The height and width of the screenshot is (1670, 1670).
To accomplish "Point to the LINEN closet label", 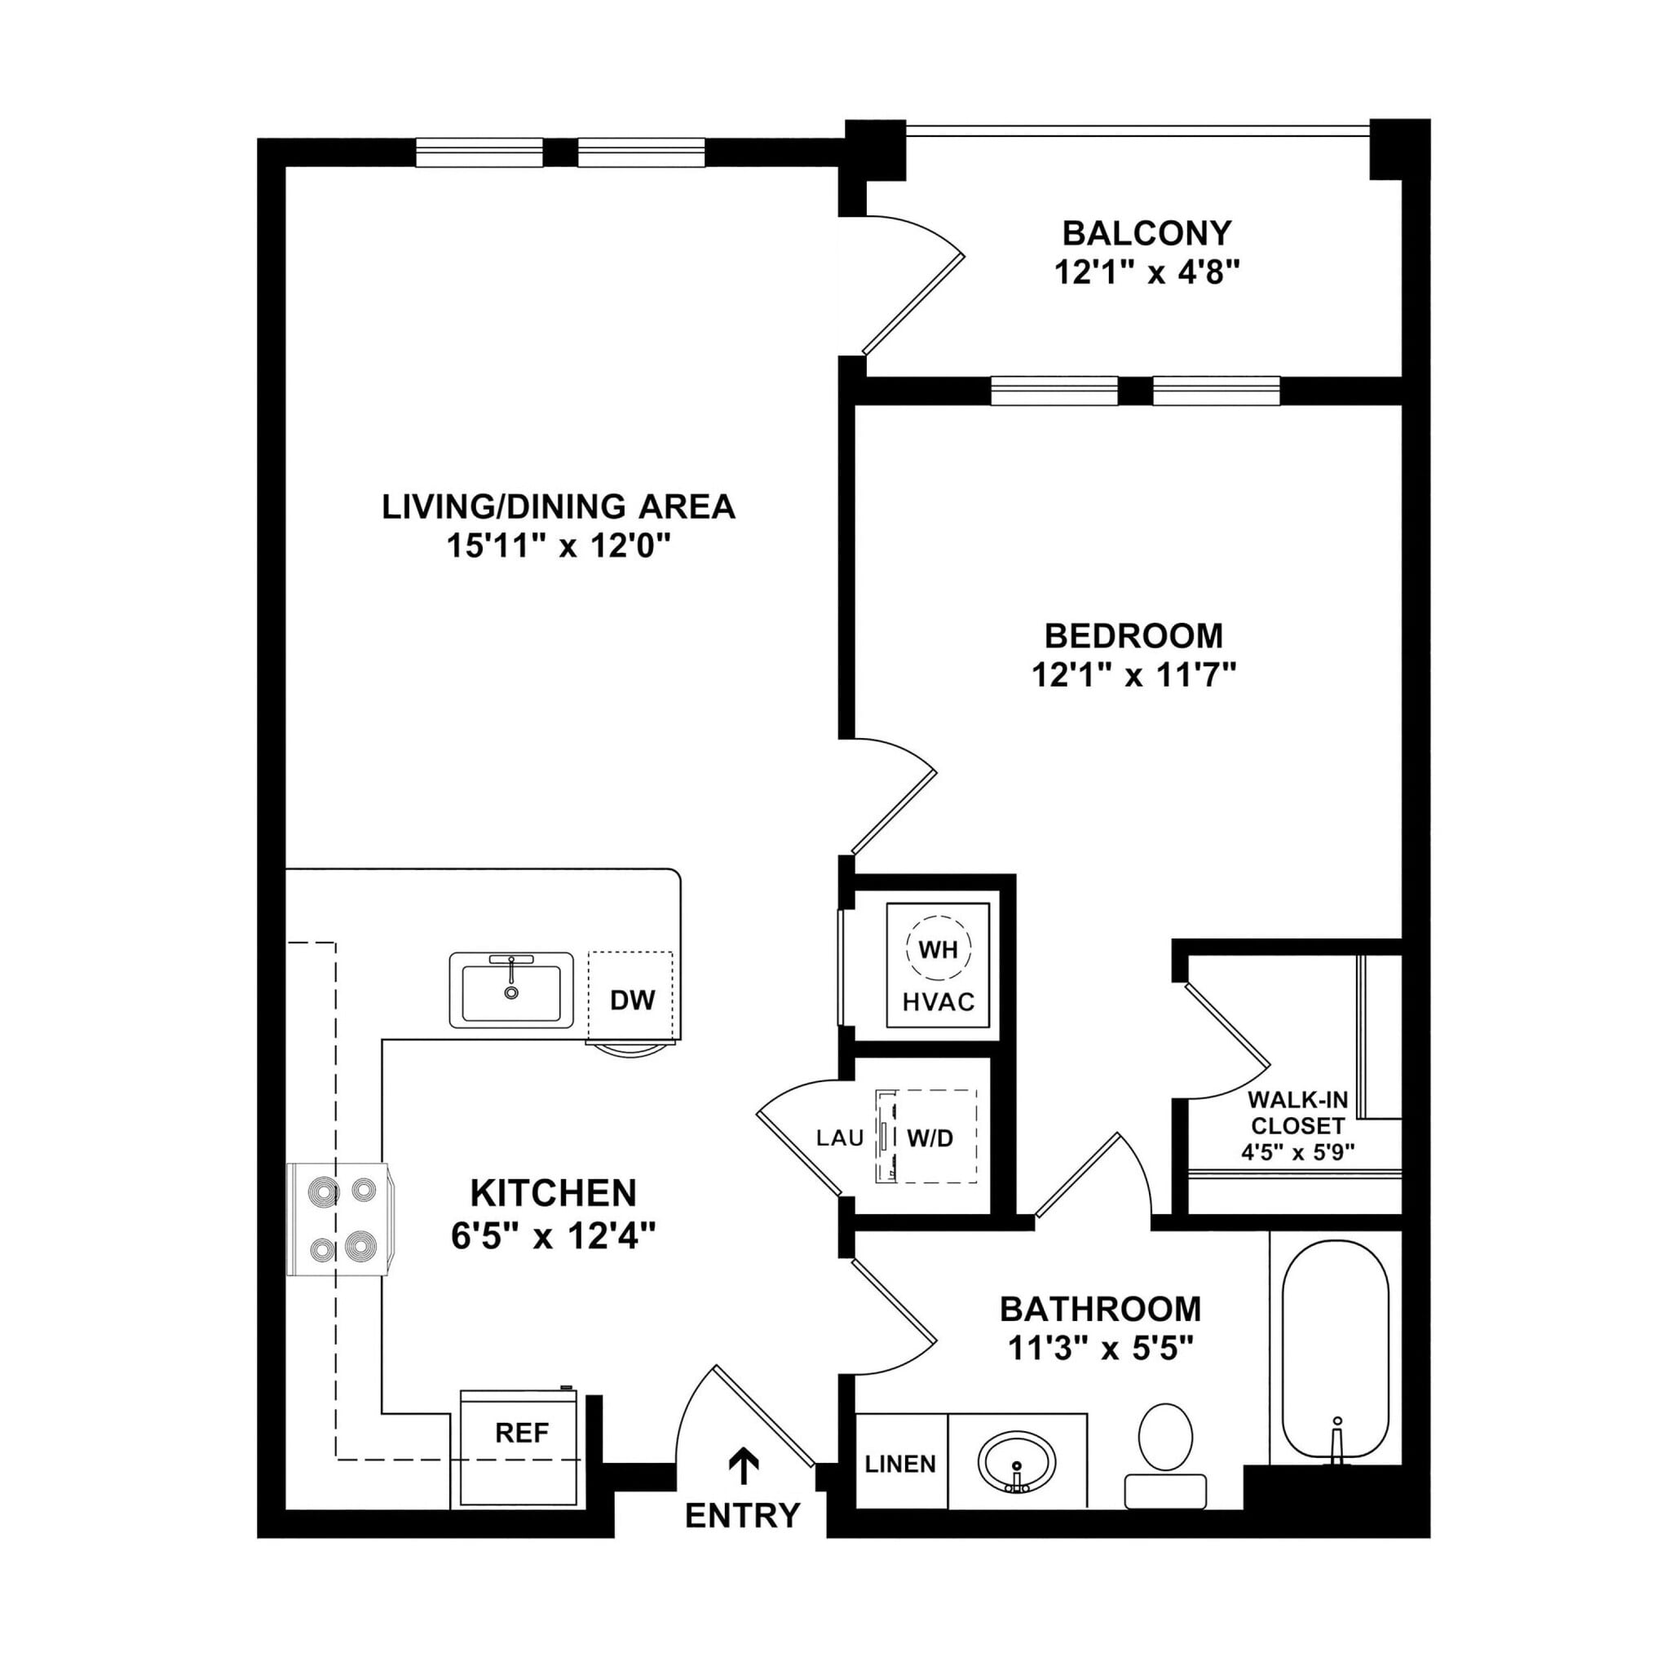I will (901, 1465).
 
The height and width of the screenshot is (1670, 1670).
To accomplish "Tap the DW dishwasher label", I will (633, 1000).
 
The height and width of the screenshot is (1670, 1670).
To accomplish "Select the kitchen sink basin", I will (510, 992).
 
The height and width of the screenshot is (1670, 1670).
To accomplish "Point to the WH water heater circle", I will (938, 950).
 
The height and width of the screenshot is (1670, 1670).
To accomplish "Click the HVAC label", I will (939, 1002).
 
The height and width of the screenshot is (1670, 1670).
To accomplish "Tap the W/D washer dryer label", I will (930, 1138).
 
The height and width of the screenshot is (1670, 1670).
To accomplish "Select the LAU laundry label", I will (840, 1138).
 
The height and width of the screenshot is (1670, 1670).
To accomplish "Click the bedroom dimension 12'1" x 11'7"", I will (1134, 674).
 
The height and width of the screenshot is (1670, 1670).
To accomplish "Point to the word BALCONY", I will (1147, 233).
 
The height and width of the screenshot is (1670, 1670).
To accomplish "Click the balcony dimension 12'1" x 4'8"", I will (1147, 273).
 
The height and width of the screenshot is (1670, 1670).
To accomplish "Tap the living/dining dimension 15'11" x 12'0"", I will (559, 546).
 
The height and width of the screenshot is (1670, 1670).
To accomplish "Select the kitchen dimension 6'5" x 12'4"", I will (553, 1236).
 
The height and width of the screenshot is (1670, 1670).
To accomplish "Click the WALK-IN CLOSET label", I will (1297, 1113).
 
